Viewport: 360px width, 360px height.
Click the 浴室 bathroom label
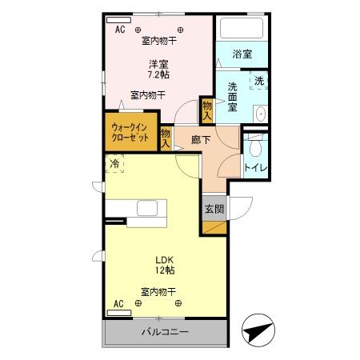click(x=242, y=54)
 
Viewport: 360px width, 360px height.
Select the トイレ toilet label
click(x=255, y=167)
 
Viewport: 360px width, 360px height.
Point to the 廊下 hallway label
click(x=201, y=139)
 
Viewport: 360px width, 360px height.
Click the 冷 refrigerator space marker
click(x=115, y=165)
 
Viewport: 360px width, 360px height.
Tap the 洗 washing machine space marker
click(x=258, y=80)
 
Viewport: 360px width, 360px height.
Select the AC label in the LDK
click(x=118, y=304)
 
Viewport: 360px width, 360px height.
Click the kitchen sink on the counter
click(x=149, y=208)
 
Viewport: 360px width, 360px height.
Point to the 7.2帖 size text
click(x=158, y=75)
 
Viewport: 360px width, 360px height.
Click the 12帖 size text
click(x=164, y=270)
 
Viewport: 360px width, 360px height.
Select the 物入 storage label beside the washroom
click(x=206, y=109)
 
